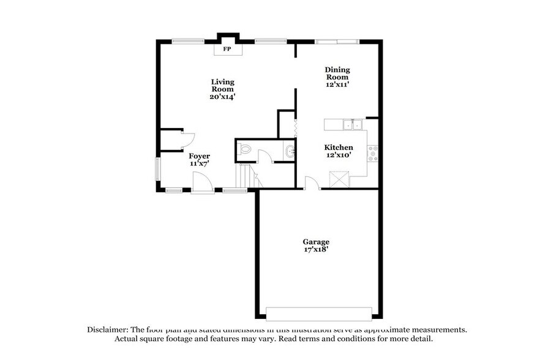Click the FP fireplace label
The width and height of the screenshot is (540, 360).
[227, 48]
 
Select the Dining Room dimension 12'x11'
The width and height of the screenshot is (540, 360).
[337, 84]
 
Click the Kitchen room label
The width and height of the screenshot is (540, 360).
[338, 148]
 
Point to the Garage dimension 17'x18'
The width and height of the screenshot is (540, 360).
[316, 250]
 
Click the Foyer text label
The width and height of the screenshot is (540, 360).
[199, 156]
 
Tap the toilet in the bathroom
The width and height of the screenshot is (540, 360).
[245, 149]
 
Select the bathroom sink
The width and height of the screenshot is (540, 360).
[290, 150]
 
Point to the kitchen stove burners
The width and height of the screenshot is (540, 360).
[372, 153]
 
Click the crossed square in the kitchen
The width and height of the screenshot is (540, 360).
[339, 180]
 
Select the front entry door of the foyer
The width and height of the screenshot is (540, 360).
[202, 183]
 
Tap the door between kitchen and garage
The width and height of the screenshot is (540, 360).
[312, 183]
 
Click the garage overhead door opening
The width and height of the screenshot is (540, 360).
[318, 312]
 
